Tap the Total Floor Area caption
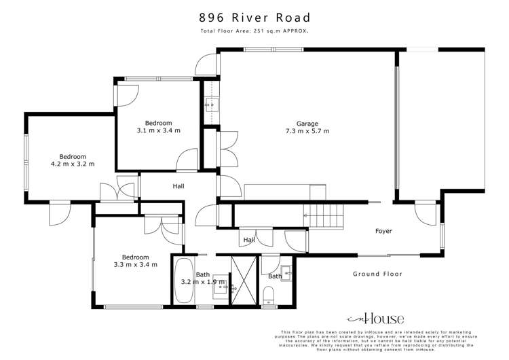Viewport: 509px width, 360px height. pos(254,32)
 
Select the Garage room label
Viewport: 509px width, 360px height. pos(307,124)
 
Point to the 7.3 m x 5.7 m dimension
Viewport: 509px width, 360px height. pos(307,131)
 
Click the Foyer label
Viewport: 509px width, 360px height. pos(383,231)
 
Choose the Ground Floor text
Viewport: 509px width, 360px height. pos(377,274)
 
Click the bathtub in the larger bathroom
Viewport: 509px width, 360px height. pos(183,281)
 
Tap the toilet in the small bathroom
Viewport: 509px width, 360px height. pos(269,294)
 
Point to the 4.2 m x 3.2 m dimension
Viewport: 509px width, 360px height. pos(73,164)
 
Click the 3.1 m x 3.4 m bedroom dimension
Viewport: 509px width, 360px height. pos(158,130)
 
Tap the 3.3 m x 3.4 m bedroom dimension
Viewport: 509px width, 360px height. pos(136,264)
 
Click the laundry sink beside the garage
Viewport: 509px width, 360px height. pos(211,105)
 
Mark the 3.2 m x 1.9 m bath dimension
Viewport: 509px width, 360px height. pos(202,281)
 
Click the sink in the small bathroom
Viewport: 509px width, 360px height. pos(287,276)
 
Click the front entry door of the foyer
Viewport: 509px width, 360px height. pos(426,213)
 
